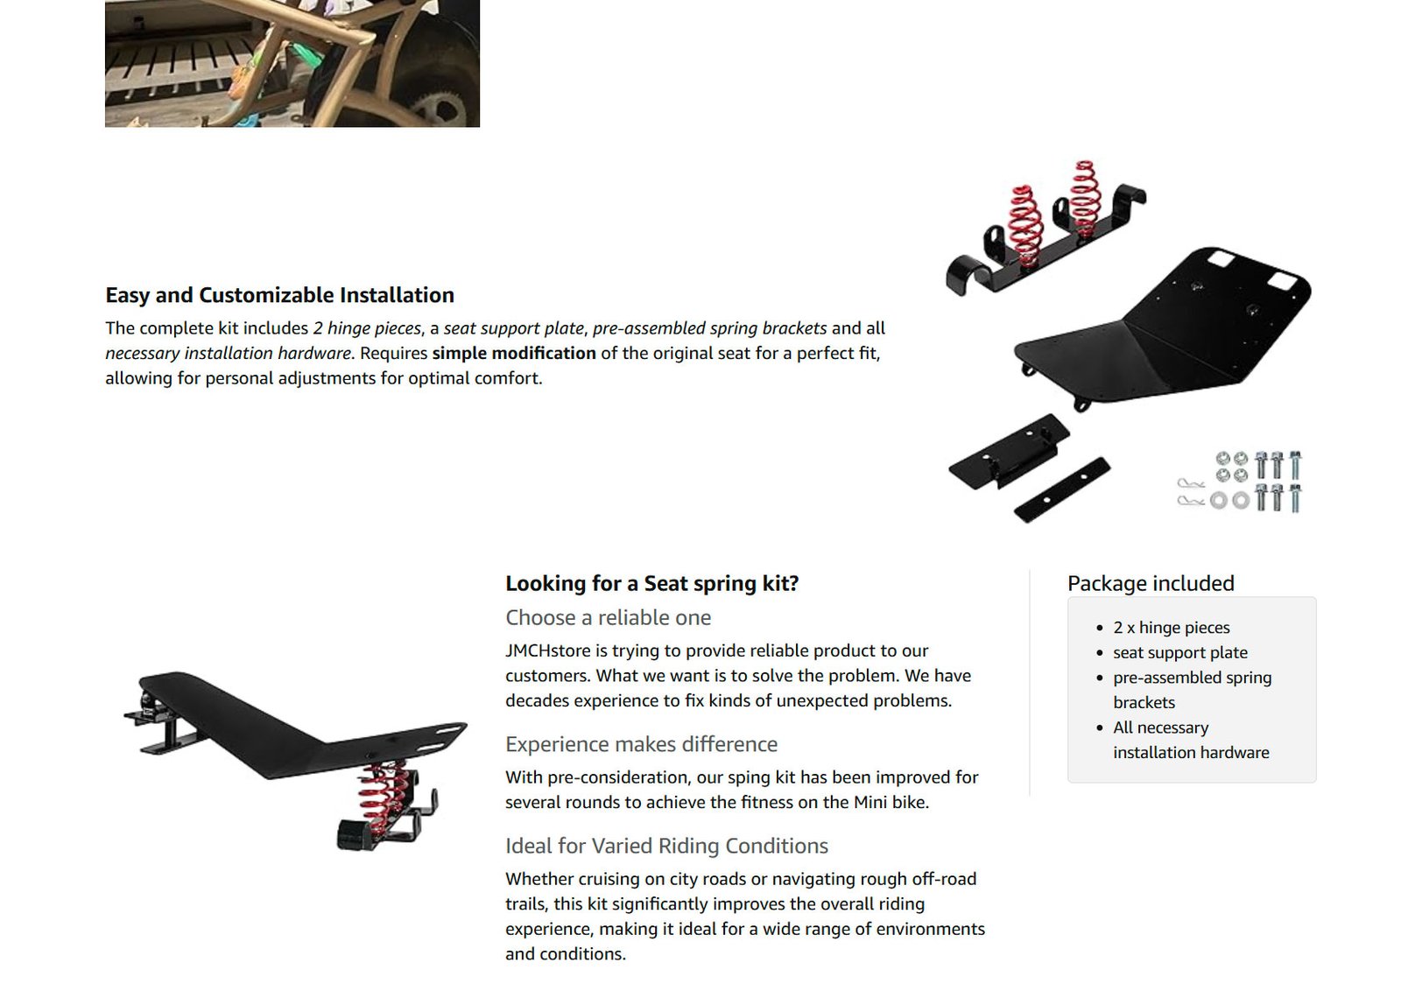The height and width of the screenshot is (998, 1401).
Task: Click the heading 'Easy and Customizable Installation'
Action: (x=279, y=295)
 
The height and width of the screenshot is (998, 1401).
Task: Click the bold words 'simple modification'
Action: (x=514, y=354)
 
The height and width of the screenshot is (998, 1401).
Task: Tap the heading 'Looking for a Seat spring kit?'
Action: (x=652, y=583)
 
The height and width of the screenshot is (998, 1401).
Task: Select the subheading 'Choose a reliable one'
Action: (x=608, y=618)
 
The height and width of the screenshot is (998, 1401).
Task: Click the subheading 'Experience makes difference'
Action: (x=641, y=744)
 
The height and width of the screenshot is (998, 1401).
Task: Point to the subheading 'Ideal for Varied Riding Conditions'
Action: (x=666, y=846)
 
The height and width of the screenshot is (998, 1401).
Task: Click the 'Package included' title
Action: (x=1151, y=583)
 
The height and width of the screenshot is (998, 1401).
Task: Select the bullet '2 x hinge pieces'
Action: (x=1172, y=628)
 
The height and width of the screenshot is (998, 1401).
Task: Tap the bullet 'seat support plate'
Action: (x=1180, y=653)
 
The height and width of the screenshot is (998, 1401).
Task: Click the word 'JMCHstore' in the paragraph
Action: (x=548, y=651)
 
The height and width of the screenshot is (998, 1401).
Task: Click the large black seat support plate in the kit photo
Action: (x=1164, y=325)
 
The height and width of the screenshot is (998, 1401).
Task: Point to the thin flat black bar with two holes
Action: (x=1062, y=490)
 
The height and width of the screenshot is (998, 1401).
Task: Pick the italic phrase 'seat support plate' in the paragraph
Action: (x=513, y=328)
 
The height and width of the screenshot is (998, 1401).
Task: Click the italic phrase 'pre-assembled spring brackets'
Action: (x=709, y=328)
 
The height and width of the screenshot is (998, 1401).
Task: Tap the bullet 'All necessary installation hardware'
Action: (x=1191, y=741)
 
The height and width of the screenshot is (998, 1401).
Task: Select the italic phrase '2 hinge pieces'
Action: (x=367, y=328)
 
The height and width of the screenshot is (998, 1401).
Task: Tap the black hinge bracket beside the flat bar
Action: (x=1008, y=452)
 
